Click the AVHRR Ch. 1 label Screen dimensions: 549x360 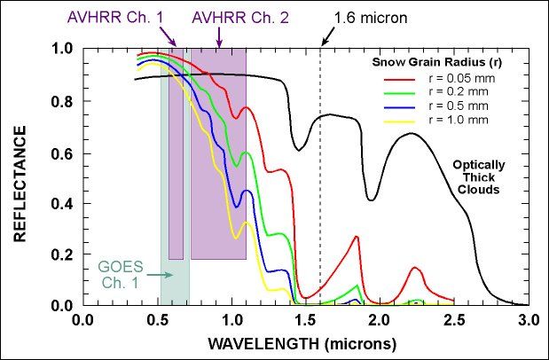coord(115,18)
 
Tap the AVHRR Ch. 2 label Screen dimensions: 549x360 coord(241,18)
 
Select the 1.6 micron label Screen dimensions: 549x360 coord(371,18)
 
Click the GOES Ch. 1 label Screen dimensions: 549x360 coord(121,275)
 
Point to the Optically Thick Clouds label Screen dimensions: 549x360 coord(479,177)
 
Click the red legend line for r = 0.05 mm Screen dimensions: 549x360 coord(399,80)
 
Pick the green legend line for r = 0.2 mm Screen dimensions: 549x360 coord(399,93)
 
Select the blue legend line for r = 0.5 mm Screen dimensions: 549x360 coord(399,107)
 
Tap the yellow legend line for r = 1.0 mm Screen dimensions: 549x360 coord(399,121)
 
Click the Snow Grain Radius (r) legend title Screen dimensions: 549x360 coord(436,62)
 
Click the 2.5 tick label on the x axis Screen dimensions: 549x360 coord(454,321)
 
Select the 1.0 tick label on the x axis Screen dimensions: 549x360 coord(231,321)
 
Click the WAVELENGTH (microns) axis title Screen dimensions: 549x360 coord(302,344)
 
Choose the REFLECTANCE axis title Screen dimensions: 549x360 coord(20,184)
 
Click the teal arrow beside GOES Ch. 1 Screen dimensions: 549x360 coord(160,275)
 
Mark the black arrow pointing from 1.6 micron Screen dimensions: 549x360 coord(328,37)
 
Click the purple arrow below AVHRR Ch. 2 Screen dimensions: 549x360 coord(219,37)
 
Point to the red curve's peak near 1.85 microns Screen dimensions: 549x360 coord(357,237)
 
